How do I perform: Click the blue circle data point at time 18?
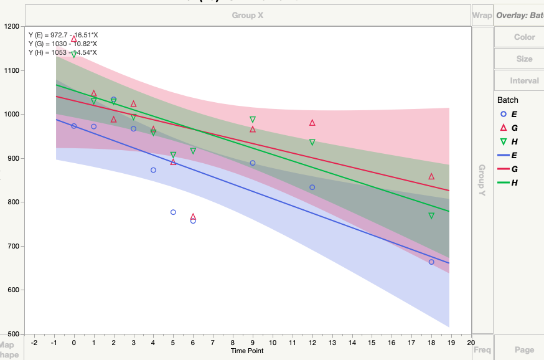[431, 262]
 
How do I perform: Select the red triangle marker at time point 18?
[431, 176]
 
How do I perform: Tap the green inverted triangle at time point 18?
[431, 216]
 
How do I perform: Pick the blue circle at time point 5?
[173, 212]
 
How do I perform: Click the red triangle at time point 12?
[312, 123]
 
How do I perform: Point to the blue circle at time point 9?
[253, 163]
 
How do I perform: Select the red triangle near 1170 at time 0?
[74, 39]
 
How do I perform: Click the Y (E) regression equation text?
[62, 35]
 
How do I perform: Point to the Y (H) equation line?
[62, 52]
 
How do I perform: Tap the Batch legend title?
[508, 100]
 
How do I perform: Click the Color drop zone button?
[524, 37]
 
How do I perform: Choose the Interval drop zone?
[524, 80]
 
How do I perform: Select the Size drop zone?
[524, 59]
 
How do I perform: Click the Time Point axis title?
[247, 351]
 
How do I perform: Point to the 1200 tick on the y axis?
[12, 27]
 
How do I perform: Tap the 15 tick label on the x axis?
[372, 342]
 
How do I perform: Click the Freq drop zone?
[482, 350]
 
